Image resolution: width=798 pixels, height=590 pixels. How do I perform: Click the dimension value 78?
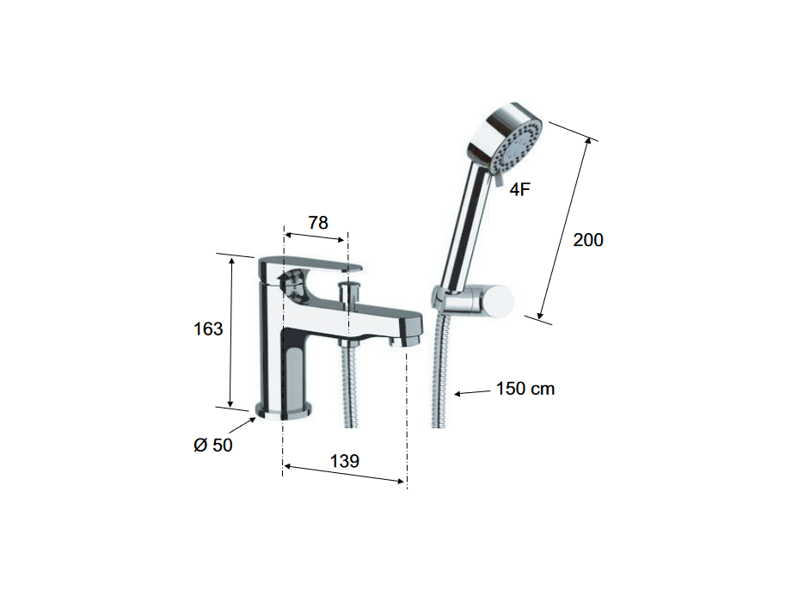point(318,223)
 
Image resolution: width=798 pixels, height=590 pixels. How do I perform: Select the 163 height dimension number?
point(208,329)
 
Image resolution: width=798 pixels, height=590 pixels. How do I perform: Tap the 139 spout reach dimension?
point(345,461)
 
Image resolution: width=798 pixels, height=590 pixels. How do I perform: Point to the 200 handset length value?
point(588,240)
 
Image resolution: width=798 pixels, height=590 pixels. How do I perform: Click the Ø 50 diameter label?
point(213,445)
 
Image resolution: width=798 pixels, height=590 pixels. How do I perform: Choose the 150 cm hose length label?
point(525,389)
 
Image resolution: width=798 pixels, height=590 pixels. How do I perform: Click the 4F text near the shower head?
point(519,189)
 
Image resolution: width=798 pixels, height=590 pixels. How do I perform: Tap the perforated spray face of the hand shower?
point(516,145)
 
